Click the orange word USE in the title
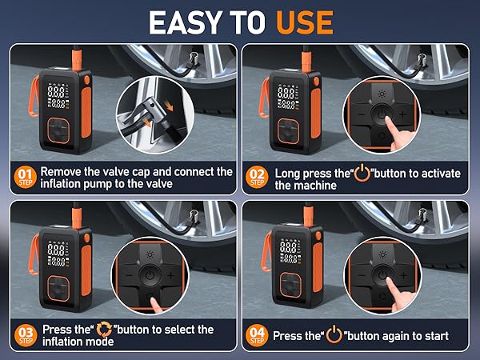point(305,22)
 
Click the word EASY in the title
point(186,22)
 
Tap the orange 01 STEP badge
point(25,178)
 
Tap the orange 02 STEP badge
point(257,178)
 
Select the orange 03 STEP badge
point(26,335)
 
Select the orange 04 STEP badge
point(257,335)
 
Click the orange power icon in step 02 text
point(362,173)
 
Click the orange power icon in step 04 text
point(334,334)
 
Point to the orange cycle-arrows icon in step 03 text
point(104,330)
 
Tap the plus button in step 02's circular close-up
point(403,114)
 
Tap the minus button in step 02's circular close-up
point(362,114)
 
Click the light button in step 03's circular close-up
point(150,254)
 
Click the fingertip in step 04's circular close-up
point(388,280)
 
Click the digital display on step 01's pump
point(58,96)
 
